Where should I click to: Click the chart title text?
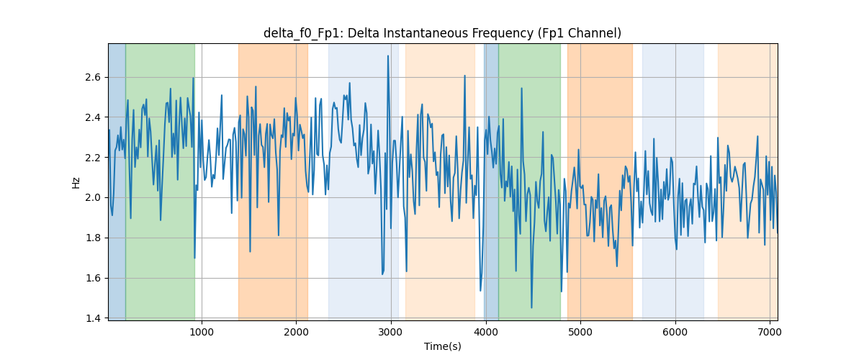pos(442,33)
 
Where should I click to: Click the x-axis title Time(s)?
pos(442,346)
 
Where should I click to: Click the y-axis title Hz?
pos(76,182)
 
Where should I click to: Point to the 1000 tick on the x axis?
pos(202,332)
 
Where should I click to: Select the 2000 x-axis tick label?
pos(296,332)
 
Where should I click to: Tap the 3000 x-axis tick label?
pos(391,332)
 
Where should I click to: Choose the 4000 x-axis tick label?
pos(485,332)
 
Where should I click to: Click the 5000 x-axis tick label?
pos(580,332)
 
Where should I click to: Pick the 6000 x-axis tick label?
pos(675,332)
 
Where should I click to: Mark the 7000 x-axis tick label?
pos(770,332)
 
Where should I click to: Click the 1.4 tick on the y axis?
pos(93,318)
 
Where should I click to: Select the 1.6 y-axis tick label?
pos(93,278)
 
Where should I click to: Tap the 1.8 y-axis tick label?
pos(93,238)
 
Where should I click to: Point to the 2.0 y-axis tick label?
pos(93,197)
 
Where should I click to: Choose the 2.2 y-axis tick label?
pos(93,158)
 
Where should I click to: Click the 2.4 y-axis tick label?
pos(93,117)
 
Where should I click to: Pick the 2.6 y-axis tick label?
pos(93,77)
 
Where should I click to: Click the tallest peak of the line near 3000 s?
pos(388,56)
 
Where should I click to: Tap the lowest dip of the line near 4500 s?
pos(531,307)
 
